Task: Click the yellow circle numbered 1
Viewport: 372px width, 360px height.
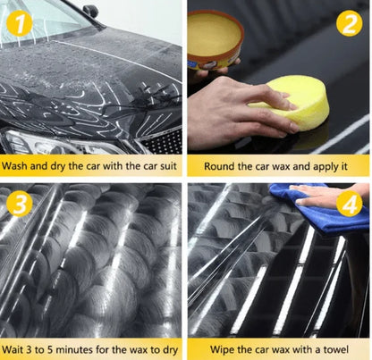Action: coord(20,23)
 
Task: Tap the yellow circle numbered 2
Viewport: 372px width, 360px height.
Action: coord(350,23)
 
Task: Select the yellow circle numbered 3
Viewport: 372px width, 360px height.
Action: coord(20,204)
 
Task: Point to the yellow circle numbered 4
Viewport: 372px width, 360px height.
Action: coord(350,204)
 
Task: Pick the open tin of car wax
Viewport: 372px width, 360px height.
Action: coord(215,40)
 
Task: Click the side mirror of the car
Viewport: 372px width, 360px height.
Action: coord(91,11)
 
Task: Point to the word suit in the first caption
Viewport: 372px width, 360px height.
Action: coord(168,165)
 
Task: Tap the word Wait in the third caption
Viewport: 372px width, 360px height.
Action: coord(13,349)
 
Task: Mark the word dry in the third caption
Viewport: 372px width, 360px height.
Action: coord(171,350)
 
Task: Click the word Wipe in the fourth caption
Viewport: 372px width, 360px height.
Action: coord(222,349)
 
